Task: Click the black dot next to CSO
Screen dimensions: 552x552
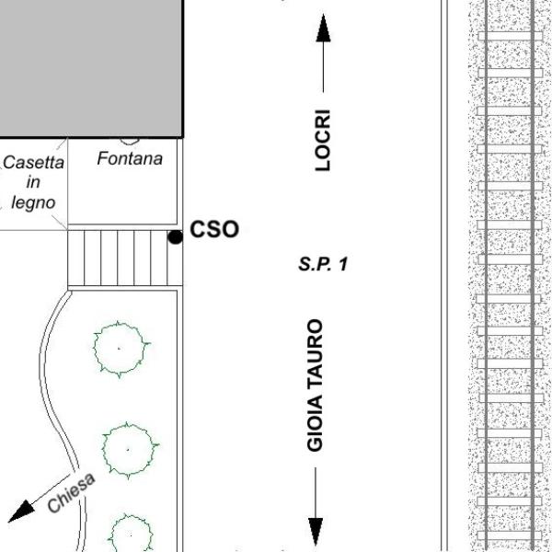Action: (x=175, y=237)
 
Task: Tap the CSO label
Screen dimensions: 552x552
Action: (x=214, y=229)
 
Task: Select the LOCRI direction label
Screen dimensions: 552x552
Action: (x=323, y=141)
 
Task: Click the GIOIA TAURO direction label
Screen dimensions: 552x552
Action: (x=315, y=385)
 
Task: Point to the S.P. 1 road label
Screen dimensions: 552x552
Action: (x=323, y=264)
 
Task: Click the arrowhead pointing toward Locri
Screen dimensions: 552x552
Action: (x=323, y=29)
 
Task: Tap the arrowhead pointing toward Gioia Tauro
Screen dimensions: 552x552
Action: (x=316, y=532)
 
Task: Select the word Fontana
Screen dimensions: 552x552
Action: (x=130, y=158)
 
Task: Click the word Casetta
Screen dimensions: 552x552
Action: (x=34, y=163)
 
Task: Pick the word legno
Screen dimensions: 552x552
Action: (x=33, y=202)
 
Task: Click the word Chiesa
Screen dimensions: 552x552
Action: (x=72, y=492)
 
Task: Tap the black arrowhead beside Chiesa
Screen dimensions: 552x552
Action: (x=21, y=512)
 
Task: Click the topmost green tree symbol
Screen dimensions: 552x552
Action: (x=120, y=349)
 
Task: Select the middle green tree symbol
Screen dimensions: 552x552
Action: (x=129, y=450)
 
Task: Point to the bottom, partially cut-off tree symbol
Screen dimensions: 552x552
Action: (x=131, y=534)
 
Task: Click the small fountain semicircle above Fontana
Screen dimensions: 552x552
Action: (x=129, y=142)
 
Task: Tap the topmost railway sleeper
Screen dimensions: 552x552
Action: (x=510, y=36)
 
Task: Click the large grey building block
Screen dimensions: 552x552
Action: (x=91, y=68)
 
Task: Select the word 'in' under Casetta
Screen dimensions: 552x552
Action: (x=33, y=182)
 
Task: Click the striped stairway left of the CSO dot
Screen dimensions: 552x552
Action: (x=125, y=258)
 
